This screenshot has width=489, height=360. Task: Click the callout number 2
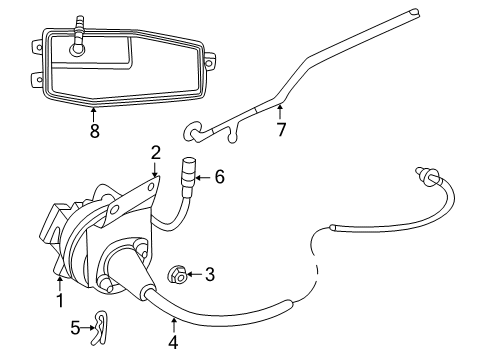point(155,152)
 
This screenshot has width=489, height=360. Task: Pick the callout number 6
point(219,177)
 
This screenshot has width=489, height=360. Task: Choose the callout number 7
point(281,128)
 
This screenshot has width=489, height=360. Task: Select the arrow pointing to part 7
point(281,111)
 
